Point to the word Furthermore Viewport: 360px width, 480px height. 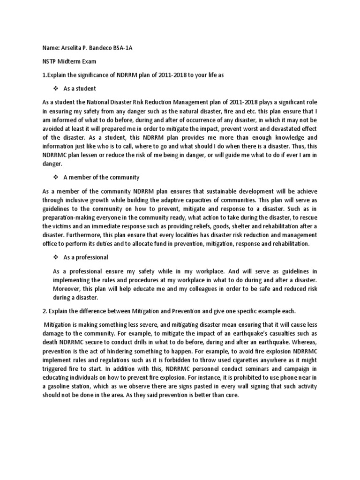point(86,235)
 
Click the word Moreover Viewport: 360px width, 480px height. point(68,289)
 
